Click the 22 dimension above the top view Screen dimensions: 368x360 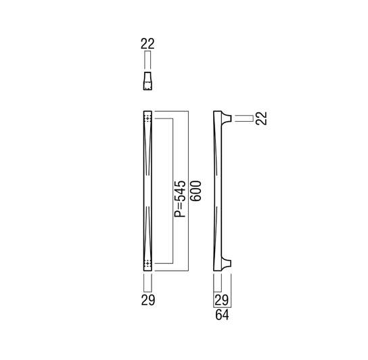147,44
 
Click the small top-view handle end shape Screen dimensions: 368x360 147,81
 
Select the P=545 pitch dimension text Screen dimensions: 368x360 180,199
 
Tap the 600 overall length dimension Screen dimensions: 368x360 195,191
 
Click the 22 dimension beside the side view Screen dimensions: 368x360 261,118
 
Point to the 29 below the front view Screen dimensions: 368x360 148,300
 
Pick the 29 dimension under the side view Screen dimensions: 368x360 222,300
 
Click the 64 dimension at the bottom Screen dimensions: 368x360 222,315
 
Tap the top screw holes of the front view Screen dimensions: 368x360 147,118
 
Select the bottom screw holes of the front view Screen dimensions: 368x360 147,264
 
